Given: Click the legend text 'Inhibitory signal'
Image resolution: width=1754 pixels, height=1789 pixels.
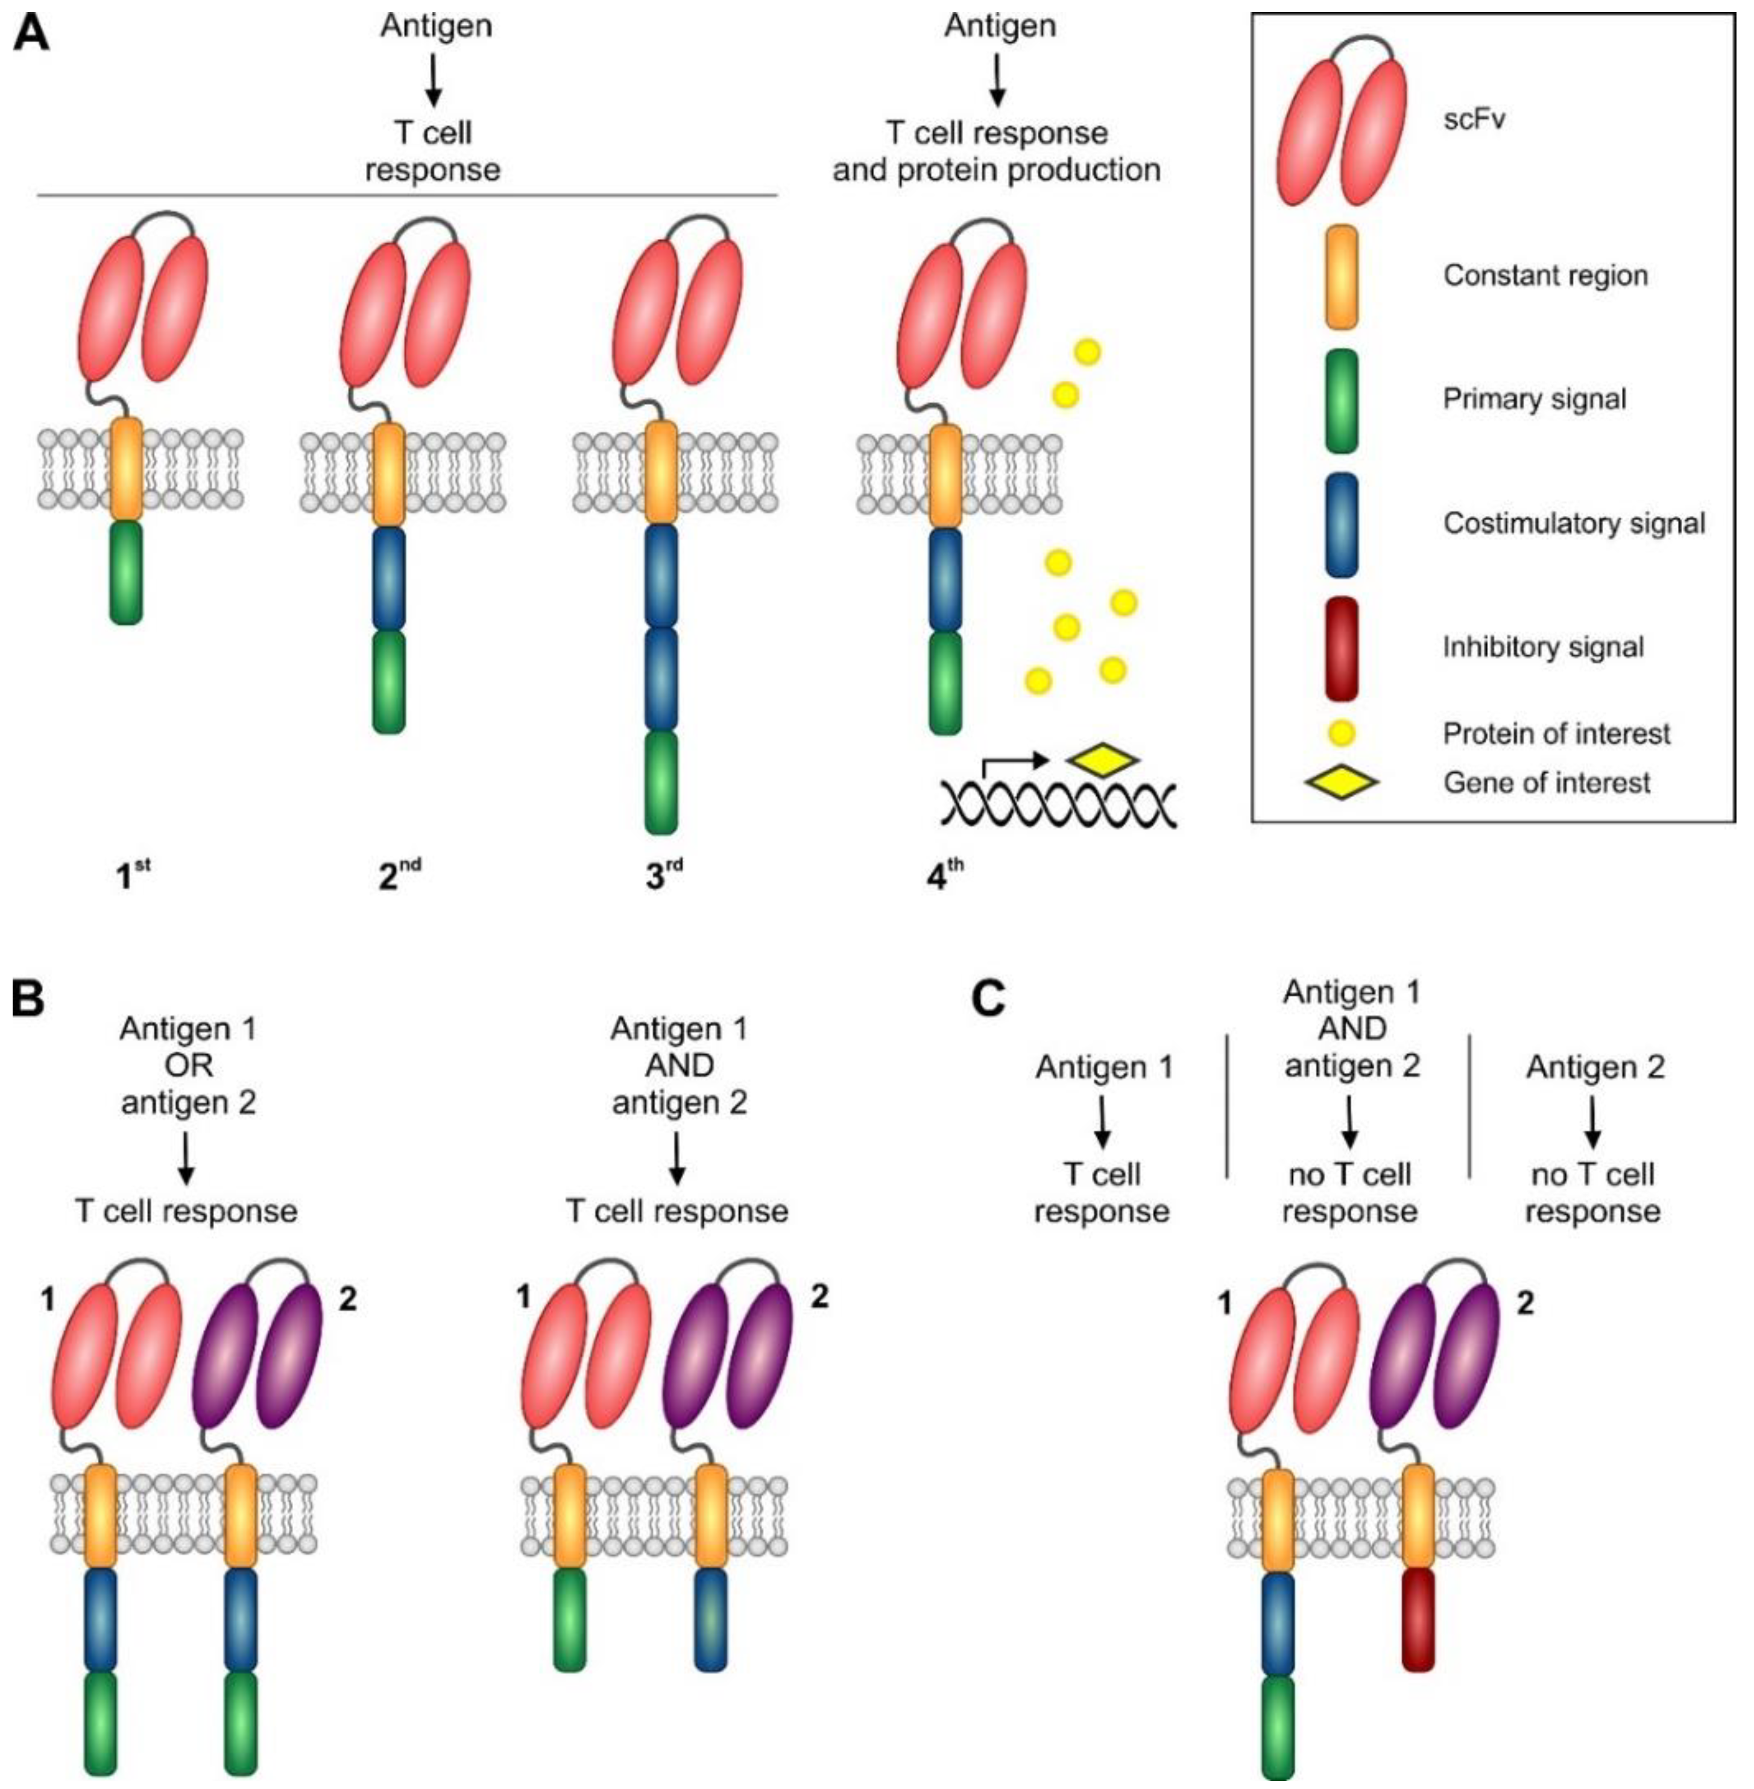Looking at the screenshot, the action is pyautogui.click(x=1543, y=647).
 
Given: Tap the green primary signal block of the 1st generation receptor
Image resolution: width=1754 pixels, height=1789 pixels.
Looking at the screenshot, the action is pyautogui.click(x=126, y=573).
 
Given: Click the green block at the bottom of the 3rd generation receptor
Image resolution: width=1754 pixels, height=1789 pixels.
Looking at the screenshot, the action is pyautogui.click(x=660, y=783).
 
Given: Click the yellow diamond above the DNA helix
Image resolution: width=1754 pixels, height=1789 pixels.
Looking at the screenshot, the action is pyautogui.click(x=1103, y=760).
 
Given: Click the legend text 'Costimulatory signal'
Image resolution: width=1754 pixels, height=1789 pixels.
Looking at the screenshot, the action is pyautogui.click(x=1574, y=524).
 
